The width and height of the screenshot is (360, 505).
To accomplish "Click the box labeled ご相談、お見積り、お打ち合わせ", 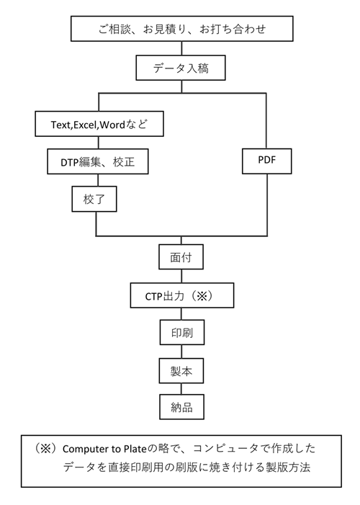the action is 182,29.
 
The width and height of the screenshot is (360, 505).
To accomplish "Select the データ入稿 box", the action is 181,68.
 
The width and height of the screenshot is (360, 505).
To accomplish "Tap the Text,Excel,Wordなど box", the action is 99,124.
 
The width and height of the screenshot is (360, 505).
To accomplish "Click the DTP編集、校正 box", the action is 98,161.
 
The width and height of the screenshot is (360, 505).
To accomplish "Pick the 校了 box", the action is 94,199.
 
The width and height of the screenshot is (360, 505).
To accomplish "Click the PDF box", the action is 267,161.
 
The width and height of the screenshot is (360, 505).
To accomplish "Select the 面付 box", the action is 181,256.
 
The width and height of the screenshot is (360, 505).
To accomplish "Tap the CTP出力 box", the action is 182,295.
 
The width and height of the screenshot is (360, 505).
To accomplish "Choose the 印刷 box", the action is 182,332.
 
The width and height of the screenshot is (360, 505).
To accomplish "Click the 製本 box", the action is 181,371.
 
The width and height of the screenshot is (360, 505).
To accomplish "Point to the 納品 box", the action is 181,407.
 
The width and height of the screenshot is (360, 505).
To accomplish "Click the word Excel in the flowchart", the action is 85,125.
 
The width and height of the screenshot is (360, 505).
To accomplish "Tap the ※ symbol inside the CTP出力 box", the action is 202,295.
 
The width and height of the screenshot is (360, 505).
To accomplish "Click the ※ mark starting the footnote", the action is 44,448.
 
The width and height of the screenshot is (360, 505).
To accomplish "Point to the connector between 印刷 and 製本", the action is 181,352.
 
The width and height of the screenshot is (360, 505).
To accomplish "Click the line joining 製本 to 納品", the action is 181,389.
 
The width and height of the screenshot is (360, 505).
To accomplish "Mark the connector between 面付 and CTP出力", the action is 181,276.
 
